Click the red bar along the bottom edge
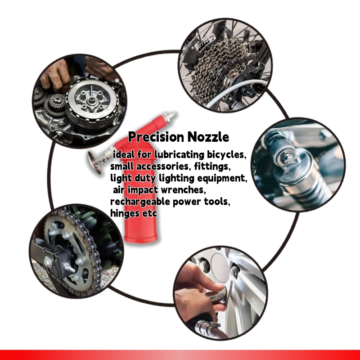(180, 355)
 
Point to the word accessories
(156, 166)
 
